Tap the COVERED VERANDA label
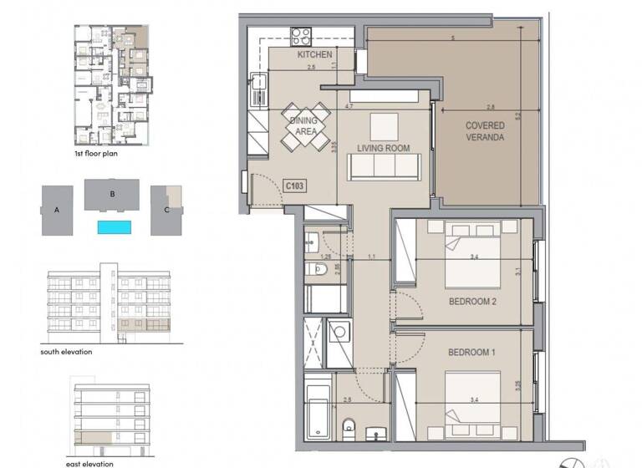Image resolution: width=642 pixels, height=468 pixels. click(x=485, y=132)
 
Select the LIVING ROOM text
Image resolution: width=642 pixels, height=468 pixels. click(x=383, y=148)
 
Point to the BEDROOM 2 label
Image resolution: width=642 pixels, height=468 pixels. click(x=473, y=302)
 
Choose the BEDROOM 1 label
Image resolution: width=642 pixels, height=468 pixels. click(x=472, y=353)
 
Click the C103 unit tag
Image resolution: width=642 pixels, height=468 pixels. click(x=293, y=186)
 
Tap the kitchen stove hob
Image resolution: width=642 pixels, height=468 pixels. click(x=301, y=36)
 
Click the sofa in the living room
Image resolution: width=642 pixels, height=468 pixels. click(x=384, y=167)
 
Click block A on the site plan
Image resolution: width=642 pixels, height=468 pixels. click(x=57, y=211)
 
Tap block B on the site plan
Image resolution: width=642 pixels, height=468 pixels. click(x=112, y=195)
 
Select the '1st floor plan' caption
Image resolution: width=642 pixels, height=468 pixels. click(x=95, y=155)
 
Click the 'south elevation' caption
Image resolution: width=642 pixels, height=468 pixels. click(x=66, y=352)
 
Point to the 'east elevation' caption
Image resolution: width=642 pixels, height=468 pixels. click(x=89, y=463)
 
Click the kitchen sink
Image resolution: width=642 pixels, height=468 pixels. click(x=257, y=84)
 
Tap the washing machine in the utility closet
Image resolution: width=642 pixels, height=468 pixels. click(x=339, y=333)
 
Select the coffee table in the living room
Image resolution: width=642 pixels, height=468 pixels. click(x=385, y=126)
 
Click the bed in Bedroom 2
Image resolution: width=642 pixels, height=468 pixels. click(x=472, y=255)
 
